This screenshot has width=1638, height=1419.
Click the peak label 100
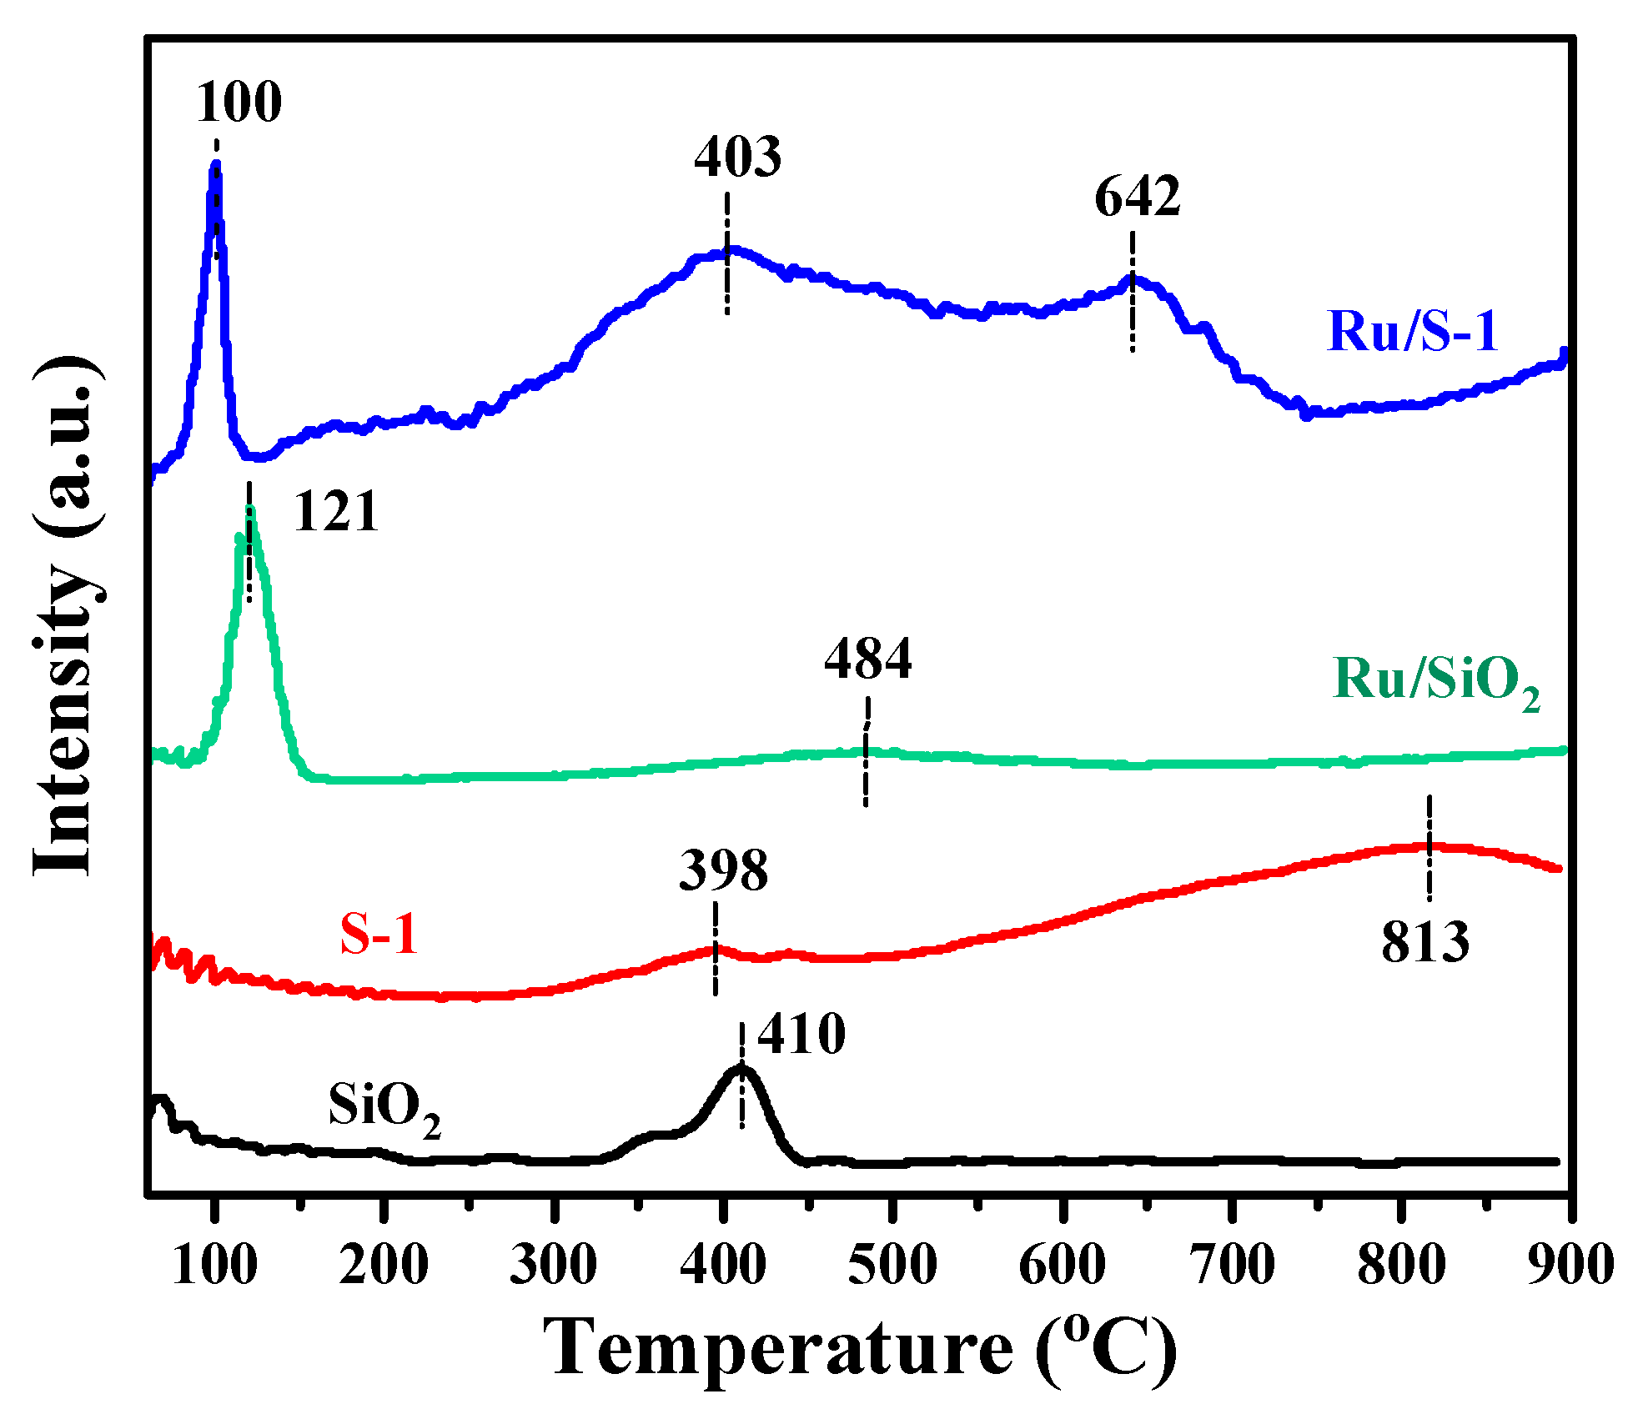pos(239,103)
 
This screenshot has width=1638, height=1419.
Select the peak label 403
pos(738,157)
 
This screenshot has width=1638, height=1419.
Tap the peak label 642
pos(1137,198)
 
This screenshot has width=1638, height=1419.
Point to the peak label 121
pos(335,511)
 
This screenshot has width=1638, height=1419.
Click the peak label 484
pos(867,659)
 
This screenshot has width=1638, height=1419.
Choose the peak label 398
pos(723,871)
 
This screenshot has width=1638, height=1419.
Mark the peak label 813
pos(1424,944)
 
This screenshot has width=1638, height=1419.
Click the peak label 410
pos(801,1035)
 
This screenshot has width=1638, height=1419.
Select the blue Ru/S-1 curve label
pos(1412,331)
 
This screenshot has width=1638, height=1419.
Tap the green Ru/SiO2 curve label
pos(1435,680)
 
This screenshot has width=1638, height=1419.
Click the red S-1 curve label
pos(378,933)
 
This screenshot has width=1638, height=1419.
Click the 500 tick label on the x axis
pos(892,1265)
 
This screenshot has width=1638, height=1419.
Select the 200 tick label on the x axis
pos(384,1265)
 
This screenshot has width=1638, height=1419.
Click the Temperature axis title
pos(859,1348)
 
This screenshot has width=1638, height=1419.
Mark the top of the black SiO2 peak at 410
pos(741,1068)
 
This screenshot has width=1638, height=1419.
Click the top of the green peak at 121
pos(250,510)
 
